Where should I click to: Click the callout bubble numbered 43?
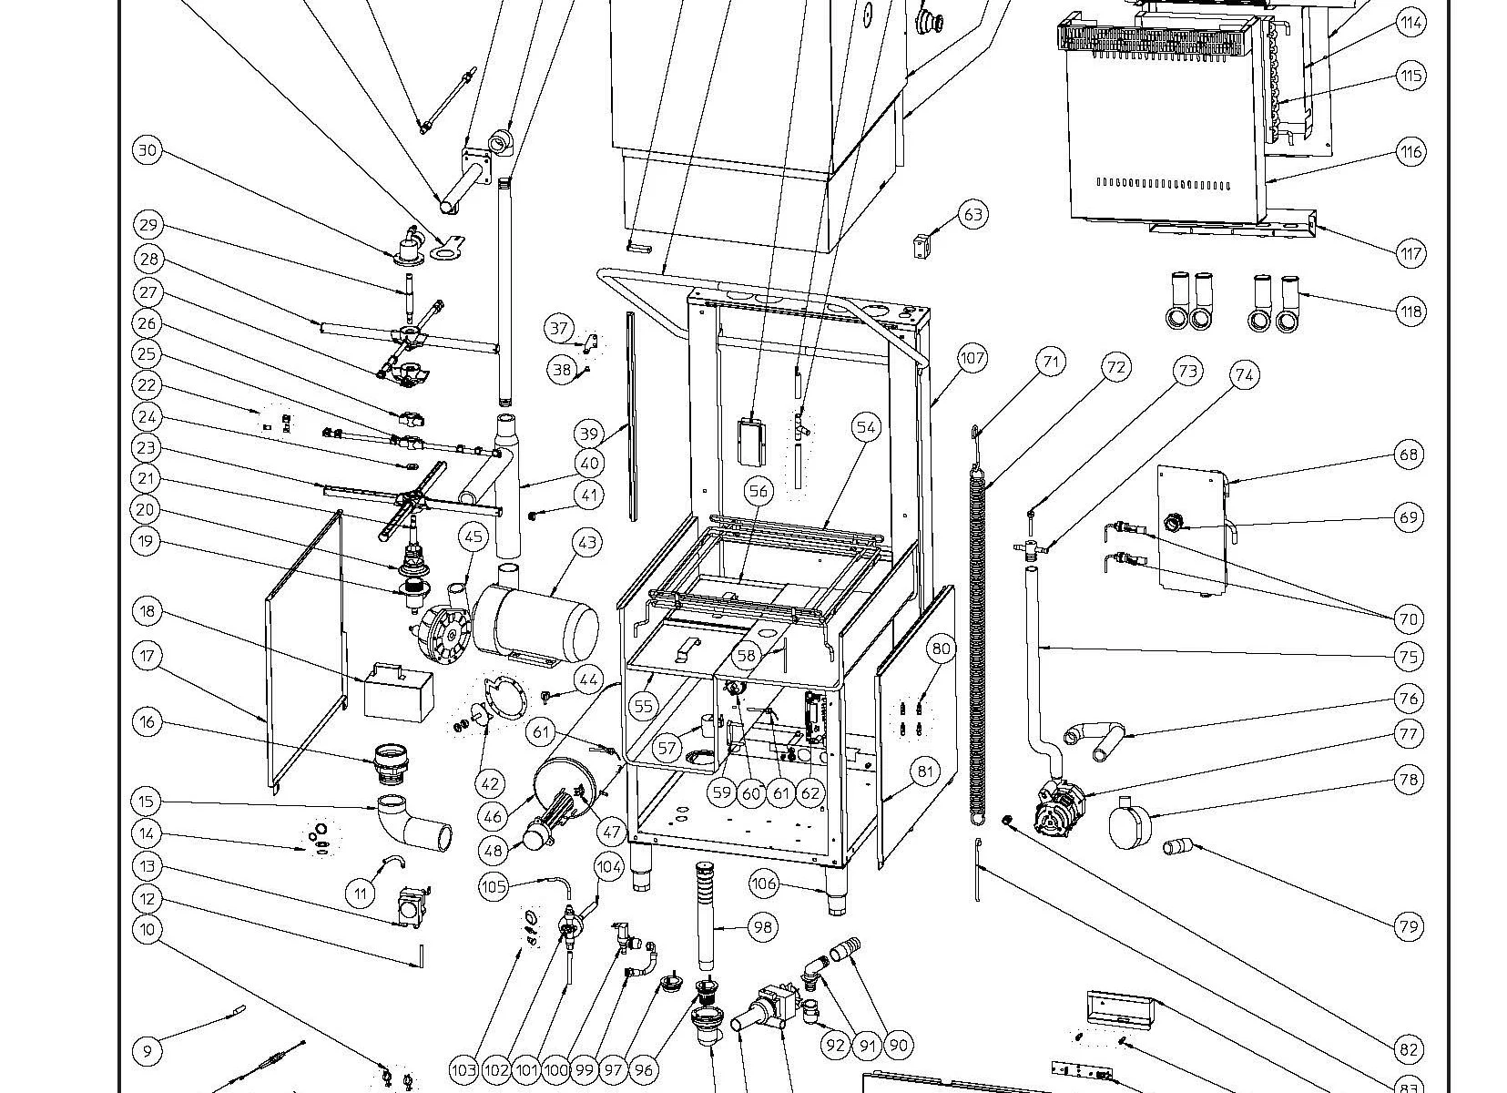587,543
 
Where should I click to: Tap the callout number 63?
972,215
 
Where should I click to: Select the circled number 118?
1410,312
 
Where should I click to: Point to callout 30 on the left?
148,150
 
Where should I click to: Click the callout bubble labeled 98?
762,927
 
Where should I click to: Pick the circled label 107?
972,358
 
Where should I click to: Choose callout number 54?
866,426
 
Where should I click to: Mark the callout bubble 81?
925,772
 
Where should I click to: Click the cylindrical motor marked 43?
537,624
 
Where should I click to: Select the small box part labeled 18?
399,692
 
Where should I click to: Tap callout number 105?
493,885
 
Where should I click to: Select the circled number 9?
148,1050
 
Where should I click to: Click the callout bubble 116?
1410,152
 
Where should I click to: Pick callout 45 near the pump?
473,536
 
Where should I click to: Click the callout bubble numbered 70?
1408,619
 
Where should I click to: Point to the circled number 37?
558,328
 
